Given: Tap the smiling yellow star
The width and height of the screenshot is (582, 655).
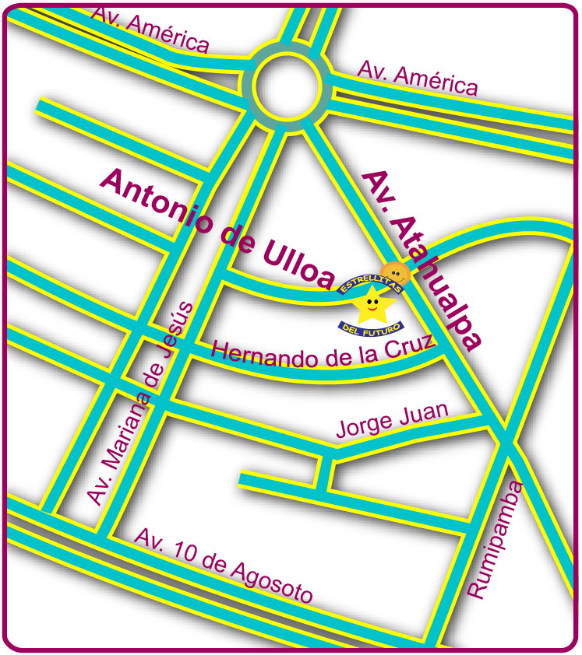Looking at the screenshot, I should [x=372, y=303].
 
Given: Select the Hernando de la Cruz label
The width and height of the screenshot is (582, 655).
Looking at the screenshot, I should [x=322, y=355].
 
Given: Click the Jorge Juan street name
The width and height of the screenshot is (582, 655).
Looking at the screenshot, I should [x=392, y=420].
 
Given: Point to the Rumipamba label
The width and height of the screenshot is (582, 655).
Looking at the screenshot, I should [x=496, y=540].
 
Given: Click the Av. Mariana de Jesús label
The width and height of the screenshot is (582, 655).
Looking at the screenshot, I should [x=139, y=405].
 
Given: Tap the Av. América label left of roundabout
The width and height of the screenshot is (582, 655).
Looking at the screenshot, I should [x=150, y=29].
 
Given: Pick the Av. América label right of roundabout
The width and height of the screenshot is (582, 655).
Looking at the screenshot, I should [x=417, y=79].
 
